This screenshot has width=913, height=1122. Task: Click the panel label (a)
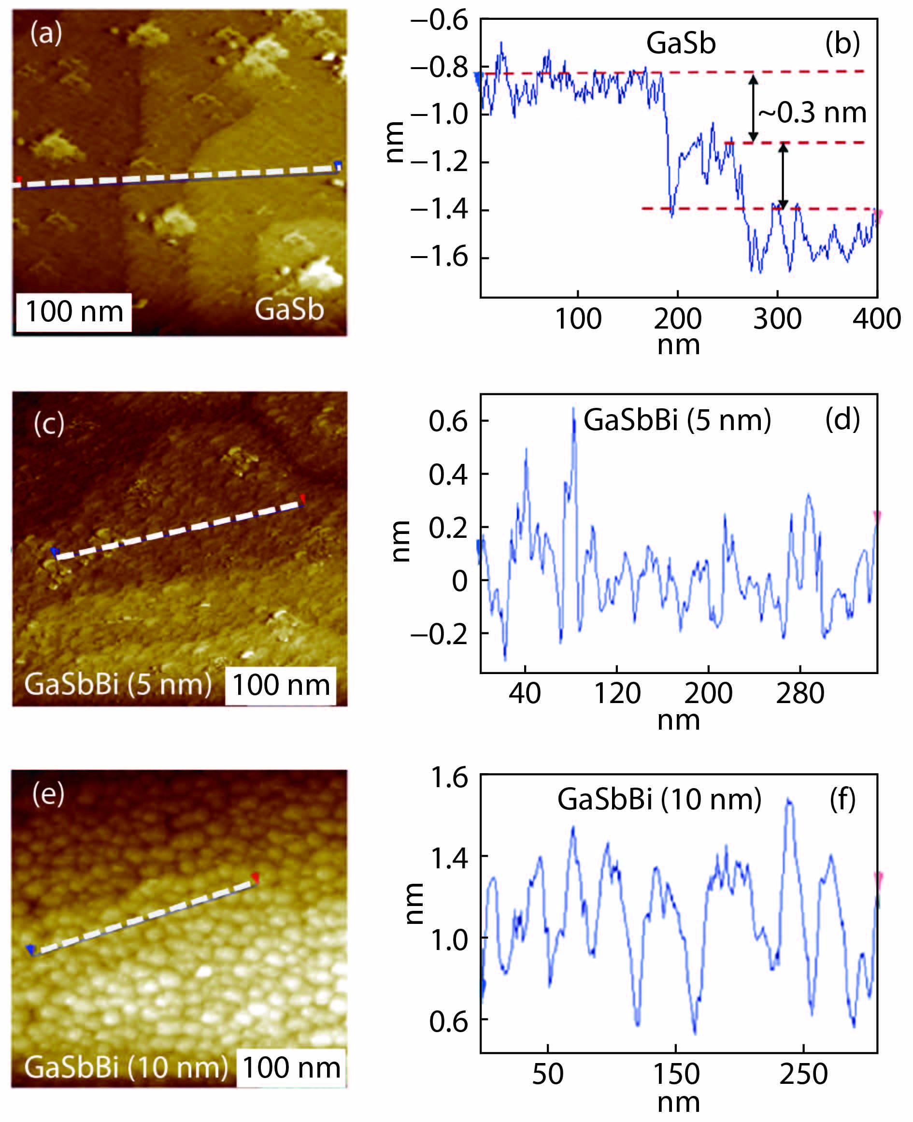pos(46,34)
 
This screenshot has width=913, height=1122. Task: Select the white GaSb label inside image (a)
pos(289,309)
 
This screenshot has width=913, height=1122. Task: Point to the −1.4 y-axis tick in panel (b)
pos(440,209)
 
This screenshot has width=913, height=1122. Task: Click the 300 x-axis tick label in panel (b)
pos(777,319)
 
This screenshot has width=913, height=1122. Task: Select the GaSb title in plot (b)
pos(681,43)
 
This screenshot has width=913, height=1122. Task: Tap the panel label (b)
pos(842,43)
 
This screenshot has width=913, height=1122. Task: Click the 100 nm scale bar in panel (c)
pos(281,685)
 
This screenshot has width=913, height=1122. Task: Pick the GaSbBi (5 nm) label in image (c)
pos(118,684)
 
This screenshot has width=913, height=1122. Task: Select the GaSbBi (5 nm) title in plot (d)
pos(677,420)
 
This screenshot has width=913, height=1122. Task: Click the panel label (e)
pos(48,793)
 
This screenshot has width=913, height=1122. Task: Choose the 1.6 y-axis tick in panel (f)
pos(449,777)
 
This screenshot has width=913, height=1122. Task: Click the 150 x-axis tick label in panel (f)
pos(676,1073)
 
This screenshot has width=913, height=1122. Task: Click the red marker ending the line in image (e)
pos(256,877)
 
